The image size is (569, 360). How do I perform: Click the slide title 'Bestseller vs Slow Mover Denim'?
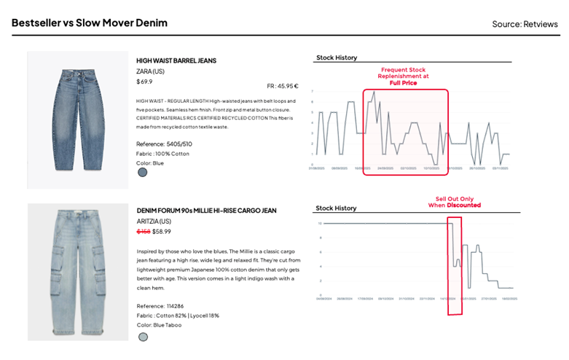[x=89, y=23]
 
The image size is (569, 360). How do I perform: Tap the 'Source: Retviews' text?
[x=525, y=24]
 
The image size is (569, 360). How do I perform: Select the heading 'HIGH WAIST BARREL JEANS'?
[x=176, y=60]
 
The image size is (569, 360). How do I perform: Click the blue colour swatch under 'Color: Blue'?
[x=143, y=173]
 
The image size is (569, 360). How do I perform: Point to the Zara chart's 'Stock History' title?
[x=337, y=58]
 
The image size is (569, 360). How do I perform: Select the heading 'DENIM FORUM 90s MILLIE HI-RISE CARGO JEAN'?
[x=206, y=211]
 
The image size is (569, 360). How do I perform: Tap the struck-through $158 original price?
[x=143, y=231]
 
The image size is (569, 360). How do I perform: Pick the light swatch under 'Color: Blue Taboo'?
[x=143, y=337]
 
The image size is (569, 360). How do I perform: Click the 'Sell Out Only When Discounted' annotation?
[x=453, y=201]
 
